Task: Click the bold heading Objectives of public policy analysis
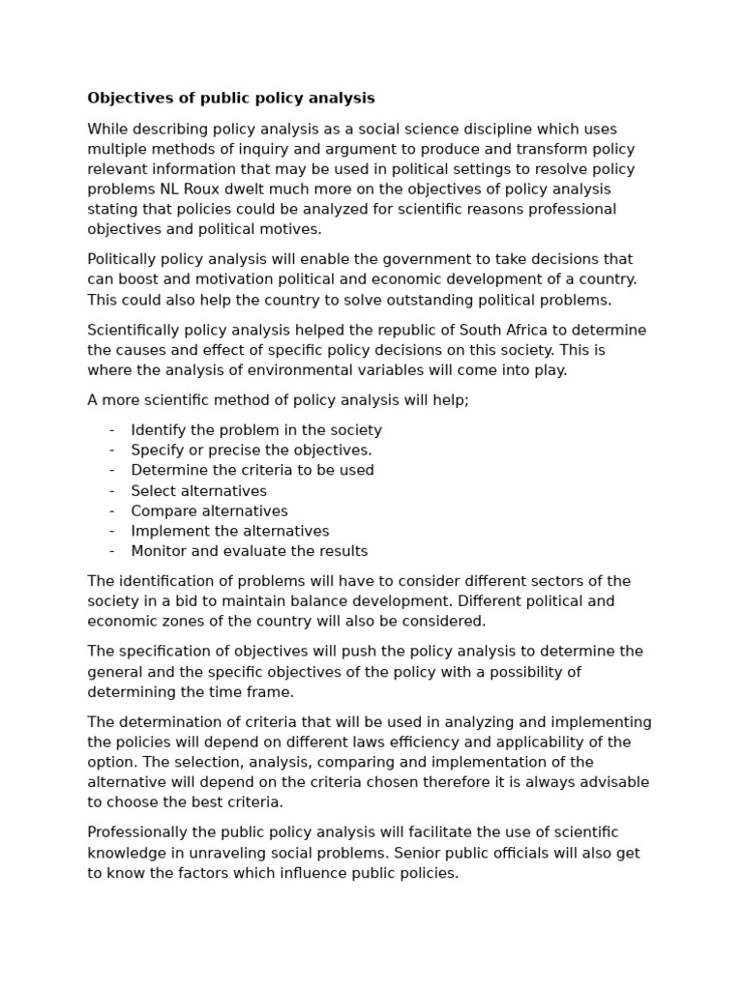click(x=230, y=98)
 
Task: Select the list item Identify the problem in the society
click(x=256, y=430)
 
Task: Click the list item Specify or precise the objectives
click(x=252, y=451)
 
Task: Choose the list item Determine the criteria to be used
click(x=253, y=470)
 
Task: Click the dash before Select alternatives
click(x=112, y=491)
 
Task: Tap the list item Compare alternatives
click(x=209, y=511)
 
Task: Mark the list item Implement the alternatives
click(x=230, y=531)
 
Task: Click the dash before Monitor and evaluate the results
click(x=112, y=551)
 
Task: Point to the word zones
click(x=175, y=621)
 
